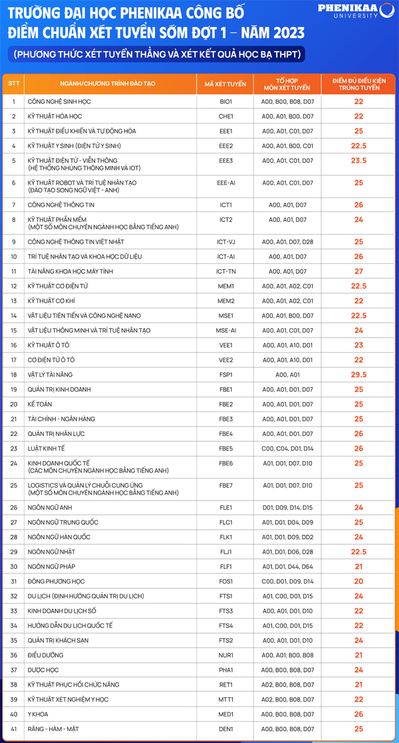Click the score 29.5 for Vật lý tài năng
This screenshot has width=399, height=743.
pyautogui.click(x=358, y=375)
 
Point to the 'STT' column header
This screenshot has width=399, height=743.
pyautogui.click(x=14, y=84)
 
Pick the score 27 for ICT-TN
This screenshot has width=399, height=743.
pyautogui.click(x=358, y=271)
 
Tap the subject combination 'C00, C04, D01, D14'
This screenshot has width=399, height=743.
pyautogui.click(x=287, y=449)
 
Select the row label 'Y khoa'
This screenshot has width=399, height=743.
pyautogui.click(x=39, y=714)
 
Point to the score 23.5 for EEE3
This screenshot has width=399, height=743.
pyautogui.click(x=358, y=161)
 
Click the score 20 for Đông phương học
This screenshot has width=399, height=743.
pyautogui.click(x=358, y=582)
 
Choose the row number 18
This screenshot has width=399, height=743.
pyautogui.click(x=14, y=375)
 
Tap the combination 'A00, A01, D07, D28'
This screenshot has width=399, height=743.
pyautogui.click(x=287, y=242)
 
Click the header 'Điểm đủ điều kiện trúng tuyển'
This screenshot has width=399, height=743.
pyautogui.click(x=358, y=84)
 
